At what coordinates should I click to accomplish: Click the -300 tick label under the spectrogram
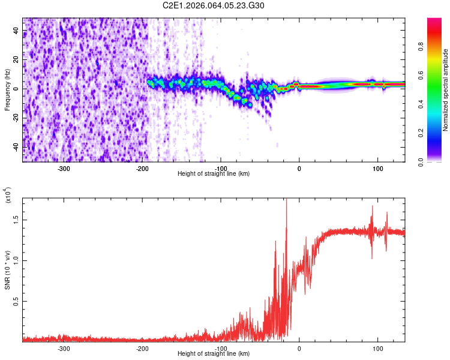tap(64, 169)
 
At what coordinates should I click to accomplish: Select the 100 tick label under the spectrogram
tap(378, 169)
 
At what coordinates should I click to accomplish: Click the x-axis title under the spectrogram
tap(214, 173)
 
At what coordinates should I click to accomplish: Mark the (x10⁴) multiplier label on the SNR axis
tap(8, 196)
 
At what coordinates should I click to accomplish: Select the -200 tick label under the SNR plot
tap(142, 349)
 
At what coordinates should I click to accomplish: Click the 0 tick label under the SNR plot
tap(299, 349)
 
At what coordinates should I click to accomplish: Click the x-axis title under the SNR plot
tap(214, 353)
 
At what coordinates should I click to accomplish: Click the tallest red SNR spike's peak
tap(286, 200)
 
